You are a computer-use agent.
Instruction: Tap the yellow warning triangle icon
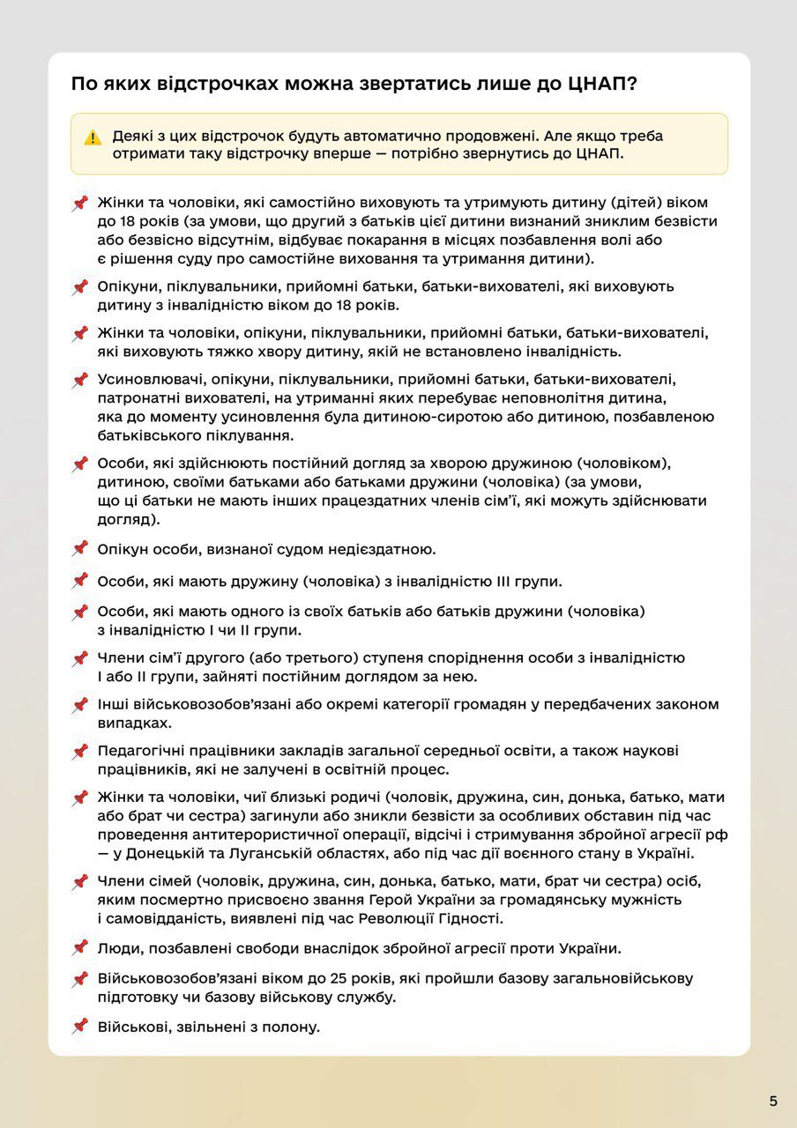(93, 137)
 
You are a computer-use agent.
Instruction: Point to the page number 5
(773, 1101)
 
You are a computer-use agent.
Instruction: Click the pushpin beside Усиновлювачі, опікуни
(80, 380)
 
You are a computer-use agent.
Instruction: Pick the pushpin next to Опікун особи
(80, 549)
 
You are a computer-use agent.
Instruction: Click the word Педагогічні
(140, 751)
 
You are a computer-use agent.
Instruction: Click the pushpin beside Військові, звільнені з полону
(80, 1026)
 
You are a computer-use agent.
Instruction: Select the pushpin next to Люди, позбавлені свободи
(80, 948)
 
